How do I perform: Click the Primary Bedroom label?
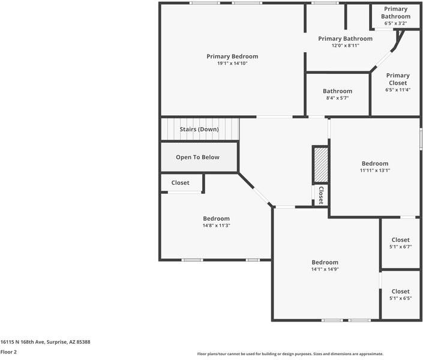click(232, 56)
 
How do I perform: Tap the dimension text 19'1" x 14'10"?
click(232, 64)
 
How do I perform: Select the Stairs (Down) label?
click(199, 129)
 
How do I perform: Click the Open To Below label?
click(197, 157)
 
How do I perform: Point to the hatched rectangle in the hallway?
click(320, 165)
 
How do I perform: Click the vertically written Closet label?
click(321, 195)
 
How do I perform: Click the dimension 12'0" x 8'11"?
click(345, 46)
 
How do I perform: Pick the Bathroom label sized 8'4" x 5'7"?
click(337, 91)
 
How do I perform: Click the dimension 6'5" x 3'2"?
click(396, 23)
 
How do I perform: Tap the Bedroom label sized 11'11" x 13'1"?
click(374, 163)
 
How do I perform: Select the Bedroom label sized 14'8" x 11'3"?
click(216, 218)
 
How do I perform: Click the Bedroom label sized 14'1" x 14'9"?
click(325, 262)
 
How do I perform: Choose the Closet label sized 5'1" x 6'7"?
click(400, 240)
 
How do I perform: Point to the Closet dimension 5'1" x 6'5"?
click(400, 298)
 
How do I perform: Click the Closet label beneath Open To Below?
click(180, 183)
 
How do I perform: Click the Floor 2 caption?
click(8, 352)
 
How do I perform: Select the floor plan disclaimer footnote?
click(290, 354)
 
